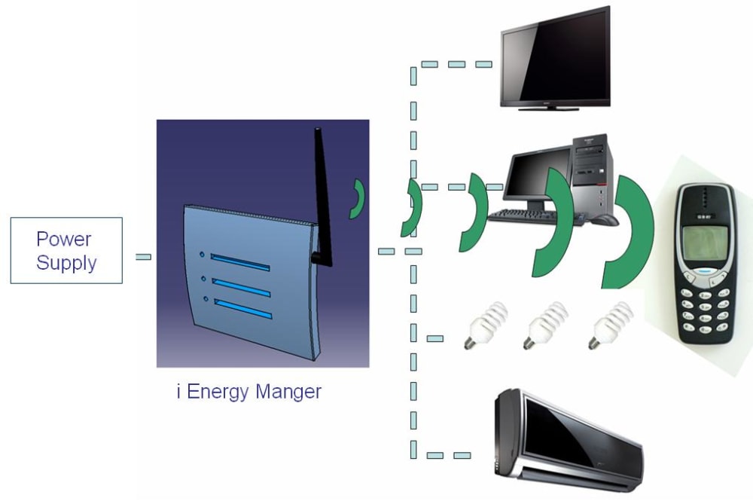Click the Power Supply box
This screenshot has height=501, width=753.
pos(66,250)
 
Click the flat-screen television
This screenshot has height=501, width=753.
pos(556,58)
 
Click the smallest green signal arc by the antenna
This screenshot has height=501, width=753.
pos(358,199)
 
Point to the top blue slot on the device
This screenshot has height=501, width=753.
pos(239,261)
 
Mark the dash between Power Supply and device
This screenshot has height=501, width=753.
pos(143,257)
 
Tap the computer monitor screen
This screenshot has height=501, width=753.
pos(536,176)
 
